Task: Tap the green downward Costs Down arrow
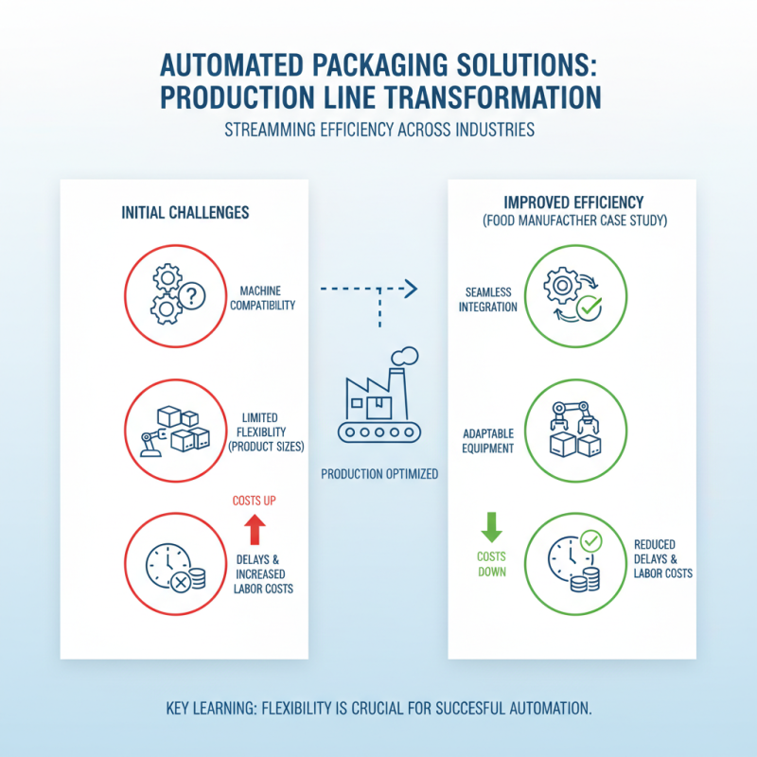click(x=491, y=527)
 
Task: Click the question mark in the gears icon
click(x=192, y=297)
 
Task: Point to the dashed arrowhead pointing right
click(x=410, y=287)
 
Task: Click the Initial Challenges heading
click(x=185, y=212)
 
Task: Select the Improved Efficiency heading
click(x=573, y=202)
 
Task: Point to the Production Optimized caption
click(x=379, y=473)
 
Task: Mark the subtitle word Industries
click(x=490, y=129)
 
